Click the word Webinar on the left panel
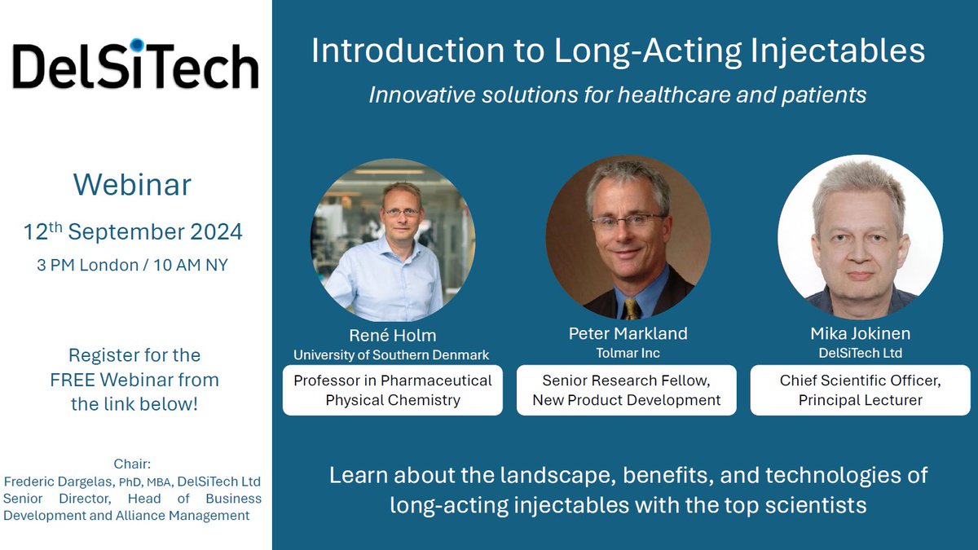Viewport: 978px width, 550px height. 132,184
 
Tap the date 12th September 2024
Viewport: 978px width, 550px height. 133,231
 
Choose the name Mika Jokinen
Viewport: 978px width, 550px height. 859,333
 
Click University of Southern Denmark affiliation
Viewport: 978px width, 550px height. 392,354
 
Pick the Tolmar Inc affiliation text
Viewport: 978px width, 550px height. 628,353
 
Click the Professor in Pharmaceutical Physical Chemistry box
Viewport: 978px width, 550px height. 393,390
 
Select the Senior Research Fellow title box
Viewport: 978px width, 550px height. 627,390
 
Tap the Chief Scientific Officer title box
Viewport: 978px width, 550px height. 860,390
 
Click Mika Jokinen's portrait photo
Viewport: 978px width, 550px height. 860,236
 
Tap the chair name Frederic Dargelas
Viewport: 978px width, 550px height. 60,482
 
